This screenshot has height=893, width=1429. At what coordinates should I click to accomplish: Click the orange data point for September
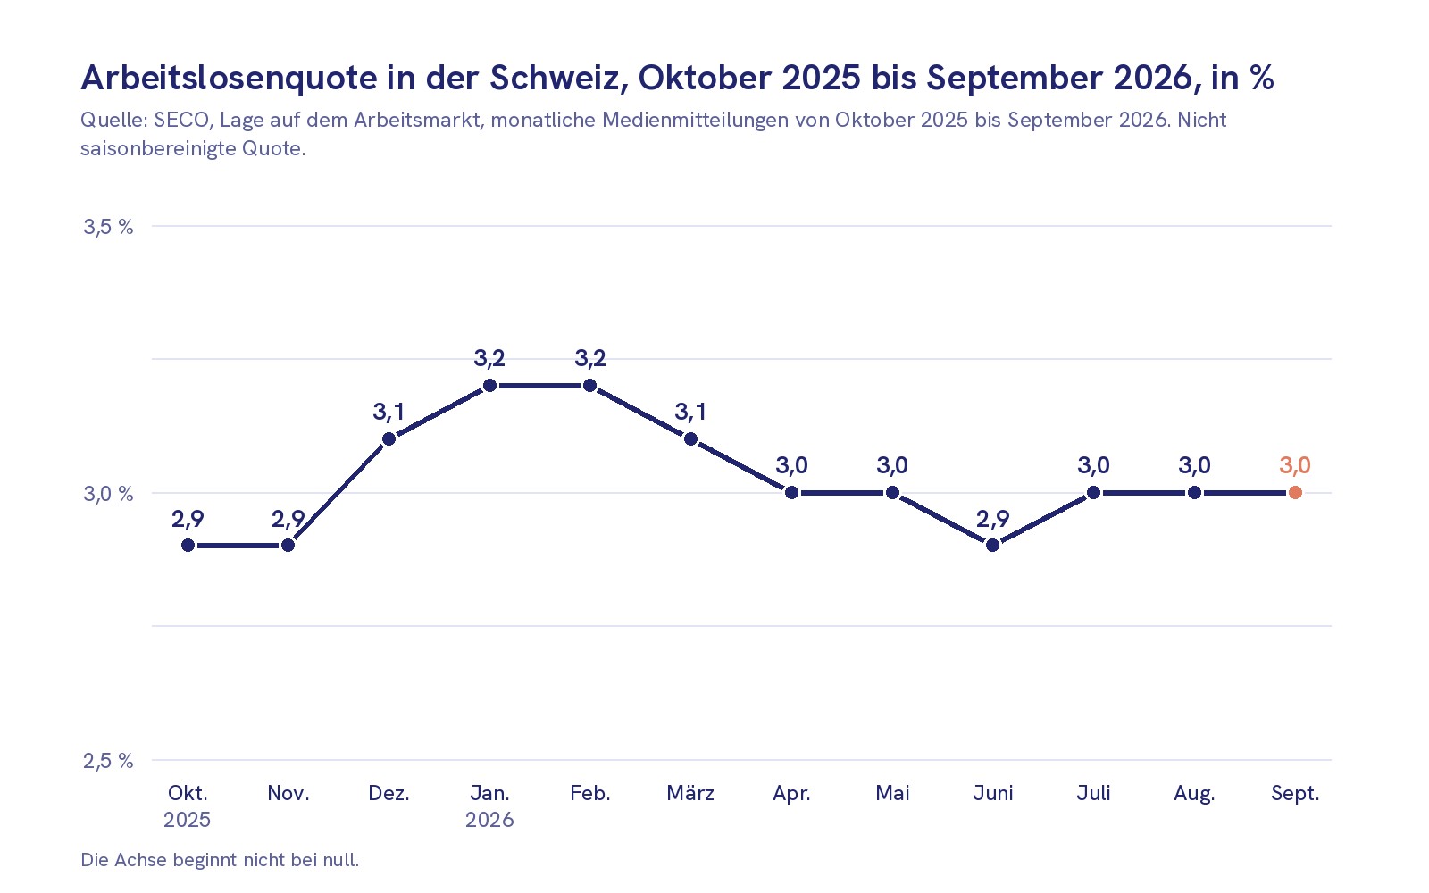click(x=1295, y=492)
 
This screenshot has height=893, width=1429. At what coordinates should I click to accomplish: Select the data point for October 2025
click(x=188, y=546)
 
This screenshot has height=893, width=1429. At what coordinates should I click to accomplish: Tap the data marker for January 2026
click(x=489, y=385)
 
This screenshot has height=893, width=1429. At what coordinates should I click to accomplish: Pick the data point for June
click(x=992, y=546)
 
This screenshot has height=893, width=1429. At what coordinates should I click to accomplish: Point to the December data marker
click(x=389, y=438)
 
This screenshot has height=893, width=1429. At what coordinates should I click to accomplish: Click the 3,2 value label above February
click(x=590, y=358)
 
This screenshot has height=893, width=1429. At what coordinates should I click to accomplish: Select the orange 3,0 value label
click(x=1295, y=465)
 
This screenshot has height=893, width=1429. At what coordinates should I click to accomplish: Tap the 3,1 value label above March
click(x=690, y=412)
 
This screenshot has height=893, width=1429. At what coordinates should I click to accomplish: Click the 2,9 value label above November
click(x=288, y=519)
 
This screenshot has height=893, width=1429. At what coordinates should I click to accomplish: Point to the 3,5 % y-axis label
click(x=108, y=227)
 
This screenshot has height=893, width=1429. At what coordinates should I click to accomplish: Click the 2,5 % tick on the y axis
click(x=108, y=760)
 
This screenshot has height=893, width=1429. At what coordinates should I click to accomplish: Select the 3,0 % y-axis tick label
click(x=108, y=494)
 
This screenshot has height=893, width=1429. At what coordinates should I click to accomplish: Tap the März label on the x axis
click(x=690, y=793)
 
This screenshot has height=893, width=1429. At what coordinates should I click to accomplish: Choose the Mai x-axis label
click(x=892, y=793)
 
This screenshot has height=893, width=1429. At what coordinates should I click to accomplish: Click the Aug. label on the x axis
click(x=1194, y=794)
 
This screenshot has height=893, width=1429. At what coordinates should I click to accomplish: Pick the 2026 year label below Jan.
click(x=489, y=820)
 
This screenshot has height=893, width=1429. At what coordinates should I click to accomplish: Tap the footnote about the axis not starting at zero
click(x=220, y=860)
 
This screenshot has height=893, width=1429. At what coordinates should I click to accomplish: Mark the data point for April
click(x=791, y=492)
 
